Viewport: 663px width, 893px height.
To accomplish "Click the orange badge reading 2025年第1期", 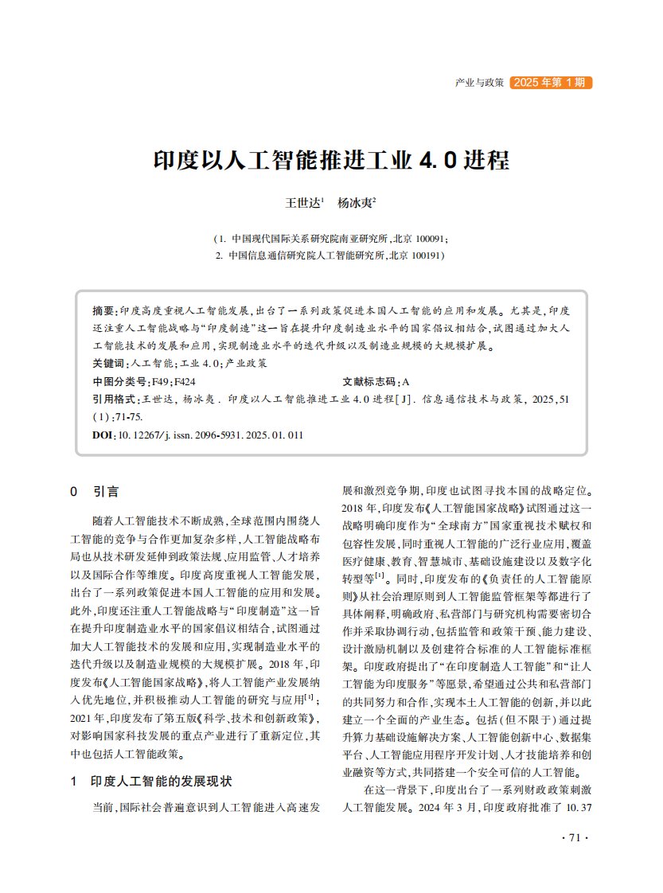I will pyautogui.click(x=550, y=82).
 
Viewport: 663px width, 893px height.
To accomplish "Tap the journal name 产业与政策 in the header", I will pyautogui.click(x=479, y=83).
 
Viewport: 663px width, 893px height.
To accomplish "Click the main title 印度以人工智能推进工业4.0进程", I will pyautogui.click(x=331, y=160).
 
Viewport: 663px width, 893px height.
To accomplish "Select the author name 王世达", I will pyautogui.click(x=302, y=204).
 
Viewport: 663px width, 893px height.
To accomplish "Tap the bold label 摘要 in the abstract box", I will pyautogui.click(x=103, y=310).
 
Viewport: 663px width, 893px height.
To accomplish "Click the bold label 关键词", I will pyautogui.click(x=108, y=362).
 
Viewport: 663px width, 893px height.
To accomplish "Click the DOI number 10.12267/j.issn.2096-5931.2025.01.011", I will pyautogui.click(x=211, y=435).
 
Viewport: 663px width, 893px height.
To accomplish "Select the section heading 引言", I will pyautogui.click(x=106, y=492).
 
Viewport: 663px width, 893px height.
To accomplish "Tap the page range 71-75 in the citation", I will pyautogui.click(x=130, y=416).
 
